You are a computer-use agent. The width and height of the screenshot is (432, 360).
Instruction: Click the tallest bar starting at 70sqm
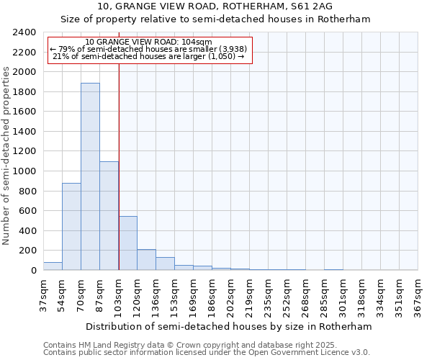[90, 176]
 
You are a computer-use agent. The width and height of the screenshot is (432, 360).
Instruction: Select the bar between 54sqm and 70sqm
[71, 227]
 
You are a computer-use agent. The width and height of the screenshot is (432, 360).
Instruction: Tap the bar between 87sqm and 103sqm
[109, 216]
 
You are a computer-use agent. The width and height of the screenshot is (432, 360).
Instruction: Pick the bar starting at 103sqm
[127, 243]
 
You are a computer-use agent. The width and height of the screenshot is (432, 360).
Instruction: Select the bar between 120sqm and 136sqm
[146, 260]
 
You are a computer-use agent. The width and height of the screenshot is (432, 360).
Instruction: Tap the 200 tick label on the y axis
[28, 251]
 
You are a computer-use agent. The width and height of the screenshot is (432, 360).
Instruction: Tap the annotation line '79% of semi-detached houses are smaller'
[148, 49]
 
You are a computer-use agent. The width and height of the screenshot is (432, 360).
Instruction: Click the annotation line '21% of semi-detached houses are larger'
[148, 56]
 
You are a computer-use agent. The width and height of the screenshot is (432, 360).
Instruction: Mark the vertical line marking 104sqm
[119, 166]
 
